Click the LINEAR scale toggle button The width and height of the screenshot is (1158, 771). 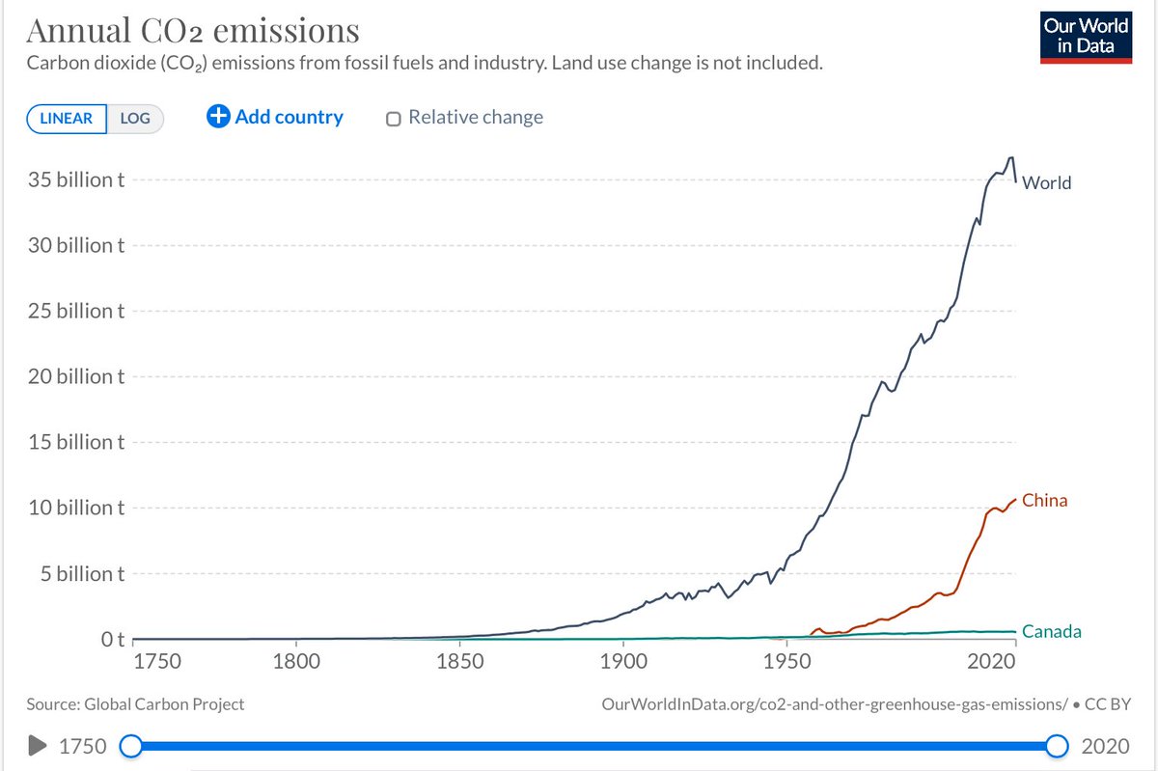(x=67, y=119)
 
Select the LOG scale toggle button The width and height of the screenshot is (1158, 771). (x=135, y=119)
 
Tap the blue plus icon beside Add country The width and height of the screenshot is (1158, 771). (x=218, y=117)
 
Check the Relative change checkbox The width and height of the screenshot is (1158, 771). (x=394, y=119)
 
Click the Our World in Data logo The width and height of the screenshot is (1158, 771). (x=1087, y=38)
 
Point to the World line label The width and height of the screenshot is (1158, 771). (x=1046, y=183)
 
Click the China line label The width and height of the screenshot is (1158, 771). (x=1044, y=501)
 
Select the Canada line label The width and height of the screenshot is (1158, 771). (x=1052, y=631)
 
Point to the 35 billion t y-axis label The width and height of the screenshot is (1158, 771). (x=76, y=179)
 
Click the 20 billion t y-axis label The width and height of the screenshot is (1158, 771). (x=76, y=376)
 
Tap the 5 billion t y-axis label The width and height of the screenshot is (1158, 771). (x=83, y=573)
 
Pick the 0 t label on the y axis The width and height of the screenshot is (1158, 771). (x=113, y=640)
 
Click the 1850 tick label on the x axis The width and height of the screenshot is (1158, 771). (x=460, y=661)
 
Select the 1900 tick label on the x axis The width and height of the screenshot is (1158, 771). (x=623, y=661)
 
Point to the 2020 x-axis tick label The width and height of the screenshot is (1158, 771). (x=992, y=661)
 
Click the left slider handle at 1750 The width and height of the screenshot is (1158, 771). (x=131, y=746)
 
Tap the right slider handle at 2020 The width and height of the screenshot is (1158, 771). (x=1058, y=746)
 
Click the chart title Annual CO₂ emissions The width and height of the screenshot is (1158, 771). (x=193, y=31)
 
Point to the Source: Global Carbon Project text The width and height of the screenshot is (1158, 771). (x=135, y=704)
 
